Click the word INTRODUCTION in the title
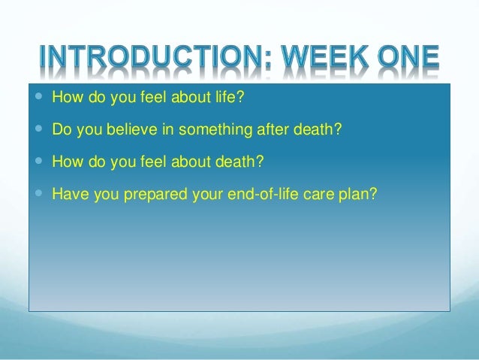coord(152,57)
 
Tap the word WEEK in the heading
coord(324,57)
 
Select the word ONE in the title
coord(408,57)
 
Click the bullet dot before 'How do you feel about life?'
coord(38,96)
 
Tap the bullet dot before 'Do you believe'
coord(38,129)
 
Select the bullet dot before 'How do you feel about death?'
coord(38,161)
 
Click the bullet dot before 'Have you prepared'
coord(38,192)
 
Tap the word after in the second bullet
coord(273,129)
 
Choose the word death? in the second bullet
coord(317,129)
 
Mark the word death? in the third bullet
coord(239,161)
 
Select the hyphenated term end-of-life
coord(263,194)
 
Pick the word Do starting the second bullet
coord(62,129)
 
